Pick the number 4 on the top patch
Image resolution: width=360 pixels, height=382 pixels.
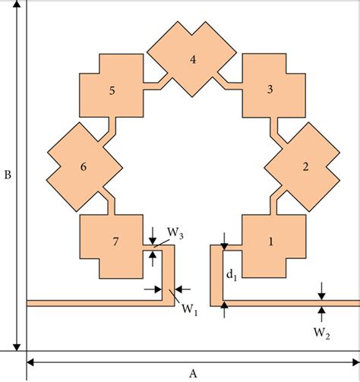[193, 58]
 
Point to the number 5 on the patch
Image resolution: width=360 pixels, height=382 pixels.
[112, 90]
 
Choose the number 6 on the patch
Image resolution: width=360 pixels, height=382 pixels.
[84, 166]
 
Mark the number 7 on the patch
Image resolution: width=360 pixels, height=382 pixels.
[115, 242]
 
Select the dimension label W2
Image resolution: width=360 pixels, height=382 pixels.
[322, 332]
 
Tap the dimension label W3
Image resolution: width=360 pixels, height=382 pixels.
[174, 232]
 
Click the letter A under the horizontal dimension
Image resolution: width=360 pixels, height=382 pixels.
[193, 372]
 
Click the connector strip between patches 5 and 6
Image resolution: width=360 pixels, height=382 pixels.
[108, 128]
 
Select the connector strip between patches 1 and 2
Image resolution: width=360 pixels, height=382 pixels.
[274, 204]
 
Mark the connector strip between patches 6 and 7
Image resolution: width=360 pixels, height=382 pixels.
[107, 204]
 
